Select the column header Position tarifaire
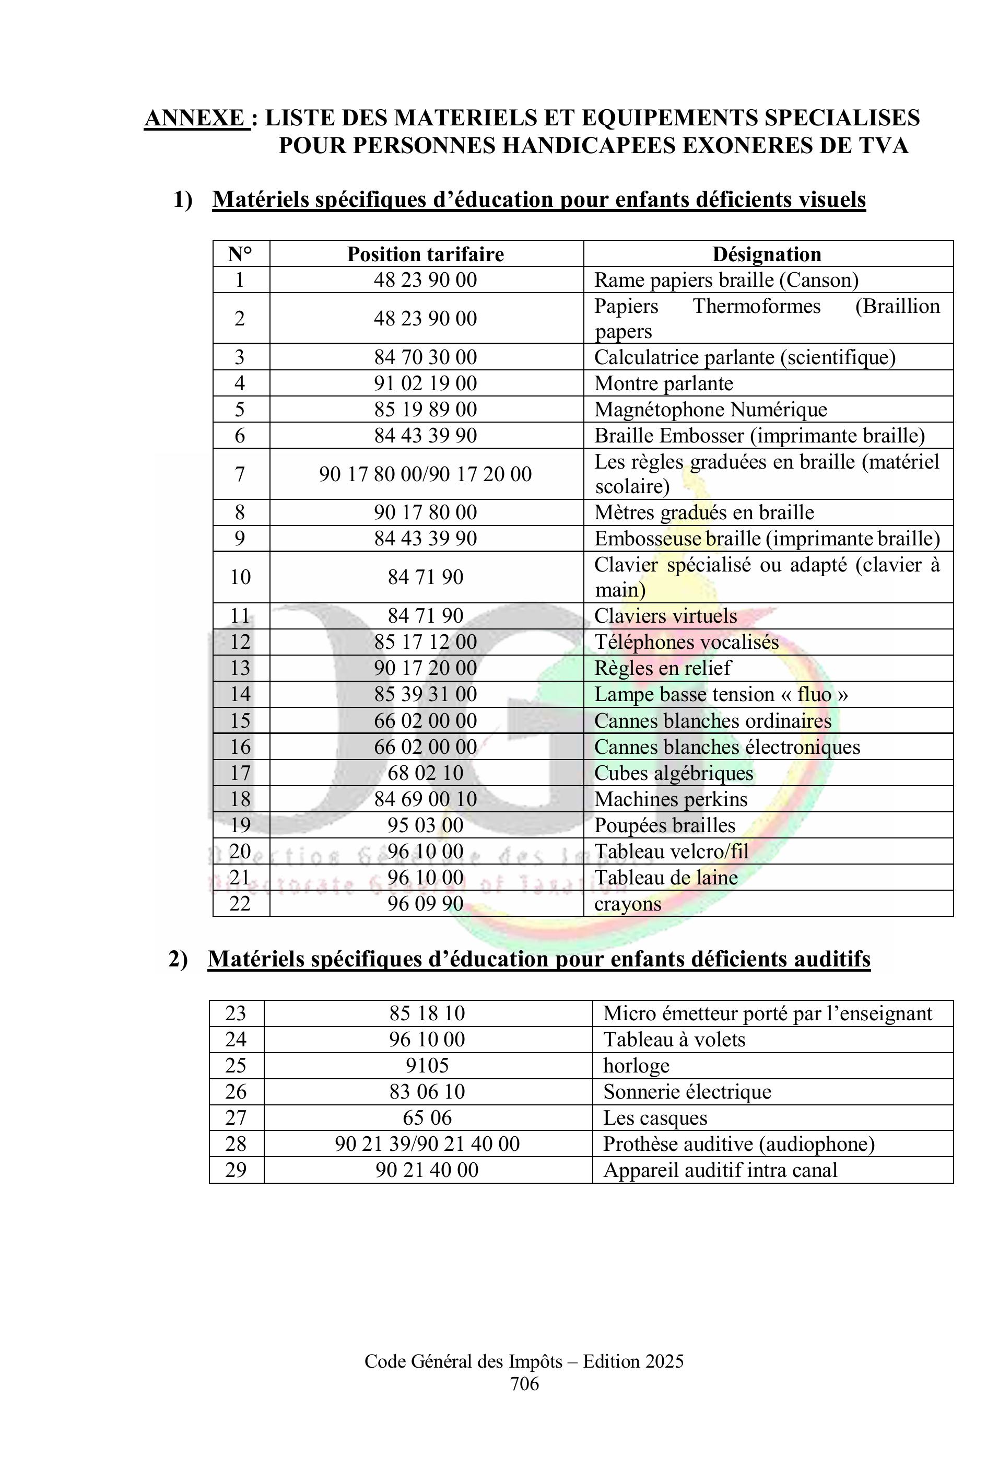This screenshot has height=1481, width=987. click(x=426, y=254)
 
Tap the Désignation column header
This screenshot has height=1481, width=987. click(x=767, y=254)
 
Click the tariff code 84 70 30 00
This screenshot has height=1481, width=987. click(x=426, y=357)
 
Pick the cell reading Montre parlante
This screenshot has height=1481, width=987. click(x=663, y=383)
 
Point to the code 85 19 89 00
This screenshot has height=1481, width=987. click(x=426, y=409)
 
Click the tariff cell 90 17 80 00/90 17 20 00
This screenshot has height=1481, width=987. click(x=426, y=473)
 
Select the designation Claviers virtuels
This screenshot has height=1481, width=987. click(x=665, y=616)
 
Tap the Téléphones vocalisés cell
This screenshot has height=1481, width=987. click(x=686, y=642)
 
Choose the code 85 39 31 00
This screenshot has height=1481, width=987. click(x=426, y=694)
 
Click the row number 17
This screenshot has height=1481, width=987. click(x=240, y=773)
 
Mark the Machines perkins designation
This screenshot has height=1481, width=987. click(x=671, y=799)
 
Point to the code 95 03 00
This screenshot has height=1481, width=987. click(x=426, y=825)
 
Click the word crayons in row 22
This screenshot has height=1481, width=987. click(x=628, y=904)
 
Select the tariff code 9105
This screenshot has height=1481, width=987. click(x=427, y=1065)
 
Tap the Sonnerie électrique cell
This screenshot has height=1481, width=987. click(x=687, y=1091)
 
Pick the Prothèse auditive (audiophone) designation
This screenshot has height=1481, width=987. click(x=738, y=1144)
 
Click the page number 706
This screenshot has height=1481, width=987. click(x=524, y=1383)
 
